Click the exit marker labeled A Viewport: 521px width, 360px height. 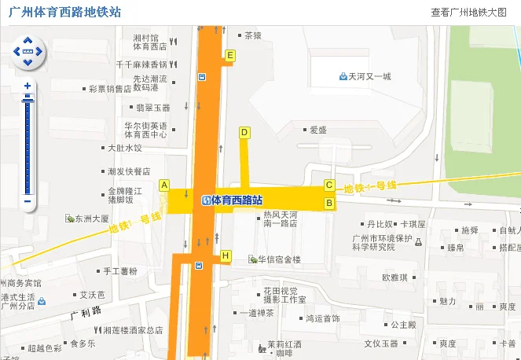164,186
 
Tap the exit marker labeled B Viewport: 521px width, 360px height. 330,204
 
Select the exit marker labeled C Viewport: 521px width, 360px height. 330,186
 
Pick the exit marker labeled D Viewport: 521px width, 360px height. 244,132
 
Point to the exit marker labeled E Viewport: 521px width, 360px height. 229,55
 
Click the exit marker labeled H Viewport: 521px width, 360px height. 226,255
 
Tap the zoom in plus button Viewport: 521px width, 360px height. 28,86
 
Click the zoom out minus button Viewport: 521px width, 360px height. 28,201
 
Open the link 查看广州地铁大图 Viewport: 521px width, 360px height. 468,13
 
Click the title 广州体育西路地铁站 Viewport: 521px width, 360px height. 64,12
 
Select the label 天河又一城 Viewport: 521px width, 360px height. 369,76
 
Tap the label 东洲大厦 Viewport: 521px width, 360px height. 92,219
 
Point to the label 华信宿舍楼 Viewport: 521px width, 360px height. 280,259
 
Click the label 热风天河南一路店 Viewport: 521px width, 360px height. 281,219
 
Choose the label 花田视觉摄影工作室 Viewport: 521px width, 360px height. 281,295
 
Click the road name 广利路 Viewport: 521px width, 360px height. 82,313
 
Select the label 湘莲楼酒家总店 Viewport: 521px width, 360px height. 133,330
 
